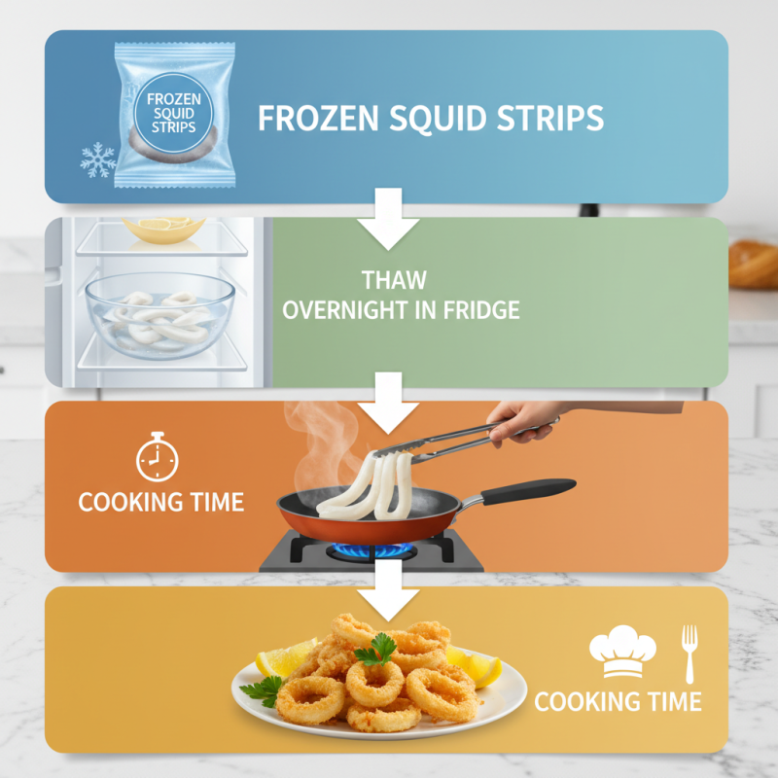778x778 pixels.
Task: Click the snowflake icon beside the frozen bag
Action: point(97,159)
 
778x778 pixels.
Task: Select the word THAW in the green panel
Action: point(394,280)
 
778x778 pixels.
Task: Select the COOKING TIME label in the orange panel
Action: point(160,502)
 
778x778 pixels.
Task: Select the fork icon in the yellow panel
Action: point(690,652)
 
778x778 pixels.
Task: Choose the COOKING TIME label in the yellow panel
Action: point(618,700)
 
